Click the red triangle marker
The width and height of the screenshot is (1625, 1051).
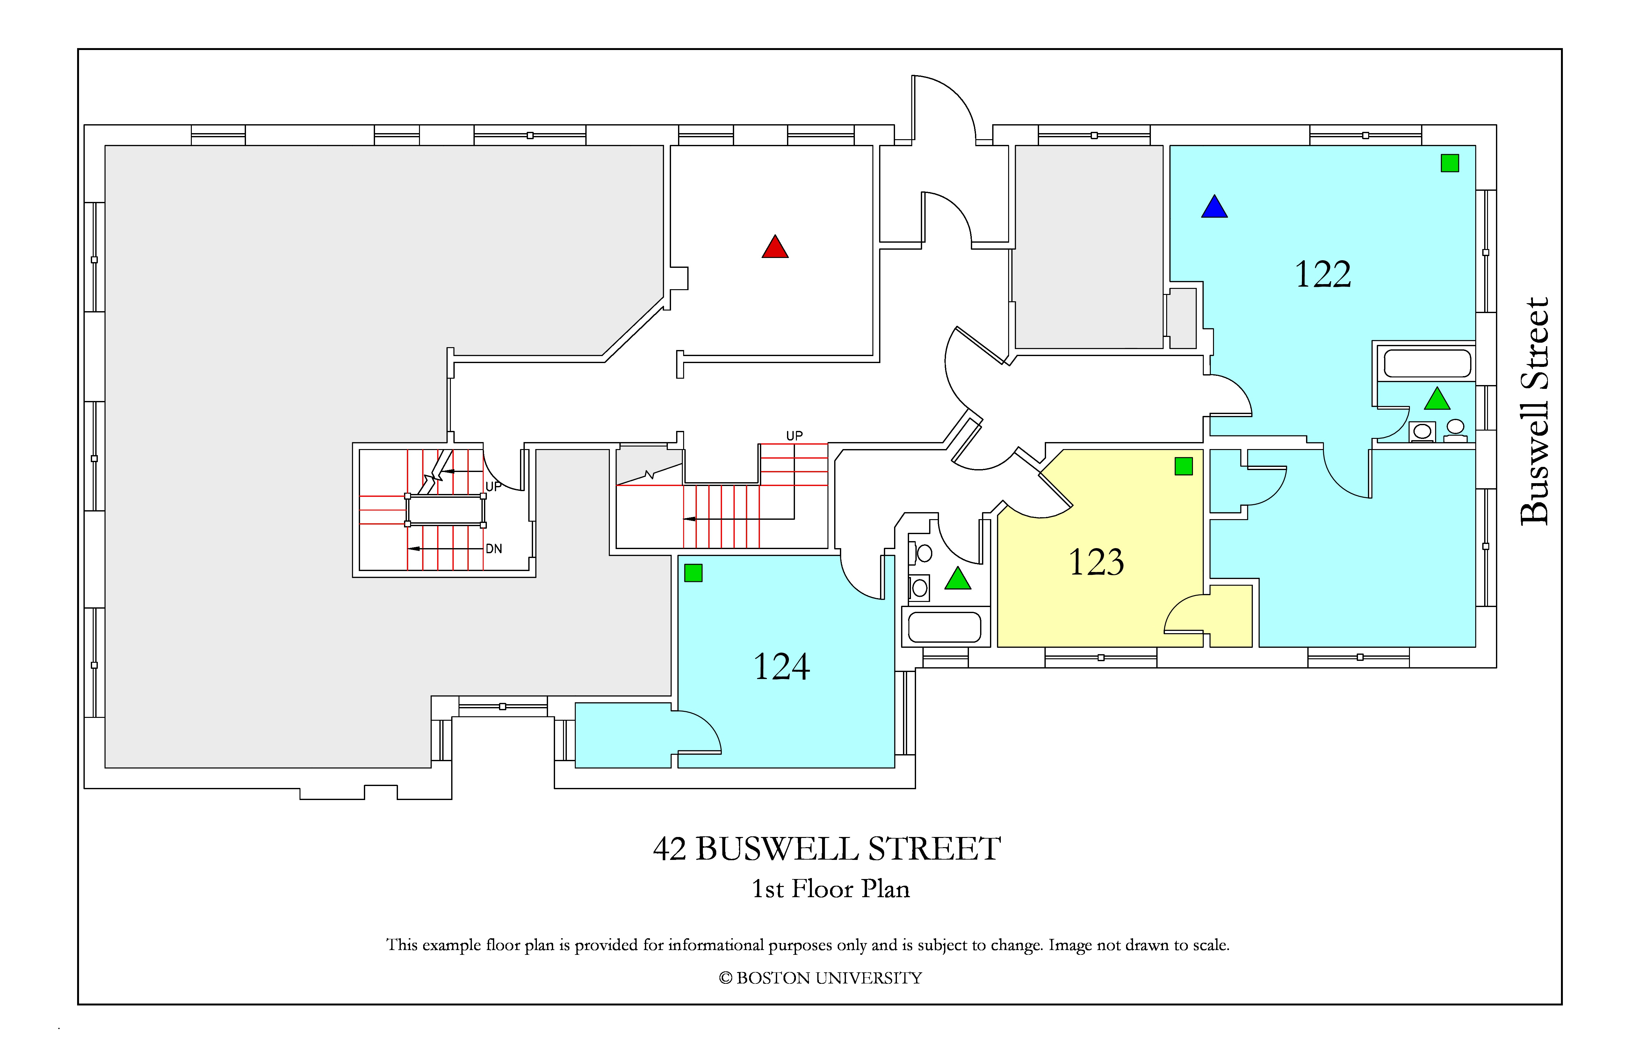(775, 247)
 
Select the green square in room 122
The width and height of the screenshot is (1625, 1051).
(1449, 163)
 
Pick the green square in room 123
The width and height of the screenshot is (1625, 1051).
(1183, 466)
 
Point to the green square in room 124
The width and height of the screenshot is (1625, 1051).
(693, 573)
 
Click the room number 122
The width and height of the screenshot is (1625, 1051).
(1323, 274)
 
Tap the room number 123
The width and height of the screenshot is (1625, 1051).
(1096, 562)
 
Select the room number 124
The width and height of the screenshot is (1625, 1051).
(781, 667)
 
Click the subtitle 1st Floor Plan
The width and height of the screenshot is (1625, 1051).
(830, 889)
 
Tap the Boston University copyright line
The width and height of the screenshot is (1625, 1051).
(820, 978)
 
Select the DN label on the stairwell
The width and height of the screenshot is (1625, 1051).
(494, 549)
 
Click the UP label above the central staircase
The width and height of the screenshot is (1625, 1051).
(794, 435)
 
